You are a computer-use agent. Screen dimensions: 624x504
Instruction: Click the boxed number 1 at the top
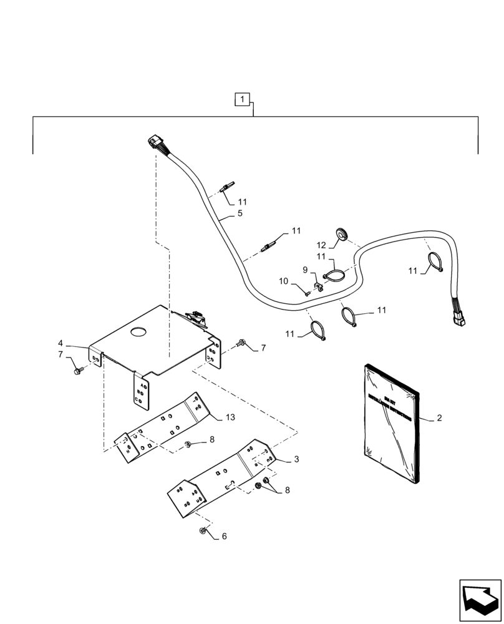tap(242, 99)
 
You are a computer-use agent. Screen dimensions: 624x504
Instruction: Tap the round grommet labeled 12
tap(342, 233)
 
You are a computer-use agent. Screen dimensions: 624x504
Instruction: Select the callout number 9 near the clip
tap(305, 270)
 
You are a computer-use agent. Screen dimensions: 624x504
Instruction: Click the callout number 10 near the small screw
tap(284, 281)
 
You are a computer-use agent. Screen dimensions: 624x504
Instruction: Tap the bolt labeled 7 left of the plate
tap(78, 371)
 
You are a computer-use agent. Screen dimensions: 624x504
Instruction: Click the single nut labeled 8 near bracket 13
tap(187, 444)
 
